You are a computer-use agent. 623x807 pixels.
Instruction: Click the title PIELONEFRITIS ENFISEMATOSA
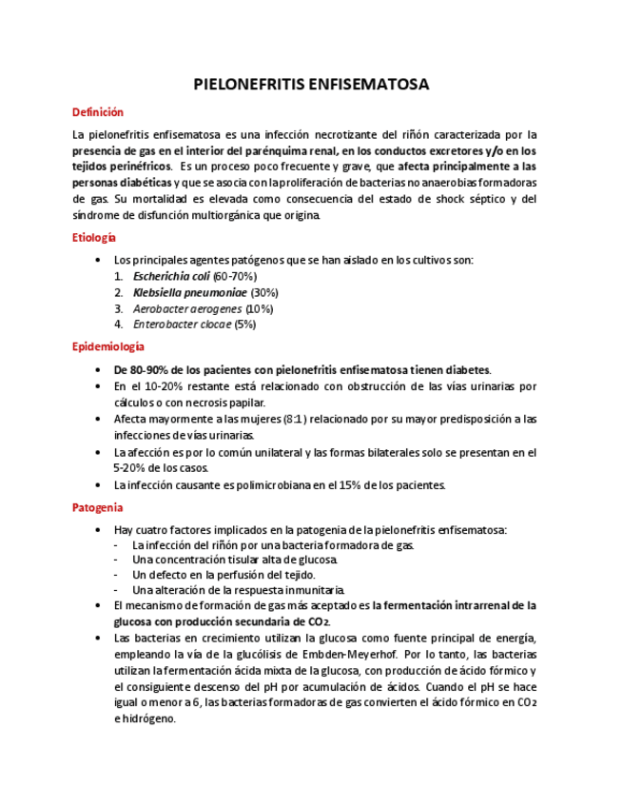tap(311, 85)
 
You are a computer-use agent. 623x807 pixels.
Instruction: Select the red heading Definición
tap(98, 113)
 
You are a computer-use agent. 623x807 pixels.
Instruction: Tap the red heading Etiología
tap(94, 237)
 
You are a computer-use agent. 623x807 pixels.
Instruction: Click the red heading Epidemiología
tap(108, 347)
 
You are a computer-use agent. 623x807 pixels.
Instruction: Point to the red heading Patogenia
tap(97, 507)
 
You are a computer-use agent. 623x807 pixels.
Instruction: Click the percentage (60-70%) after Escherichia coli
tap(234, 276)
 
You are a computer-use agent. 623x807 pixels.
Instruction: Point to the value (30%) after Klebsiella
tap(265, 292)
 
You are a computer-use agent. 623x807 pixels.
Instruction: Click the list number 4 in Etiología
tap(118, 325)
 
